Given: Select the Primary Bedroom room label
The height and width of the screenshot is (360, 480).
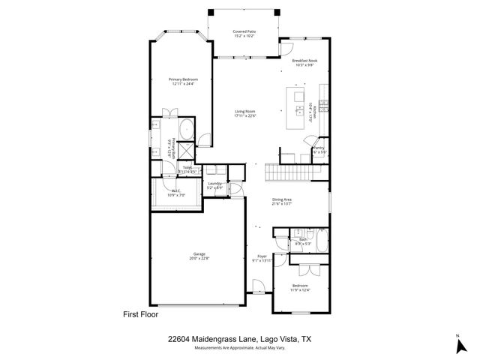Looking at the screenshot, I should click(183, 79).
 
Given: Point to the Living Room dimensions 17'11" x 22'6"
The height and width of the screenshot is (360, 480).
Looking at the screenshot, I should click(245, 116).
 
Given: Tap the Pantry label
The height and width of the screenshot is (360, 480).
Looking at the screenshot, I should click(319, 148).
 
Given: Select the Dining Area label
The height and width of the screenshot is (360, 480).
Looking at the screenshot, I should click(281, 199).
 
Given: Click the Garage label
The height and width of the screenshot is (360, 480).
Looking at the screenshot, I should click(199, 254).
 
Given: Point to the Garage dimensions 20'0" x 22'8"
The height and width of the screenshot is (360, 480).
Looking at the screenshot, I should click(199, 259).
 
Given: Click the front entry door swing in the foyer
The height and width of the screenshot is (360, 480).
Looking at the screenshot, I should click(258, 286).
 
